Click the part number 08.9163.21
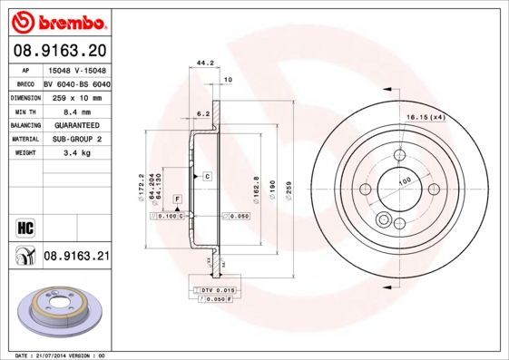point(76,258)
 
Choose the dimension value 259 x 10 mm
point(76,95)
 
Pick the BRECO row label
point(25,83)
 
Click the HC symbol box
point(24,228)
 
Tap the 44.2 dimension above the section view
point(205,63)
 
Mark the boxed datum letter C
point(208,174)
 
